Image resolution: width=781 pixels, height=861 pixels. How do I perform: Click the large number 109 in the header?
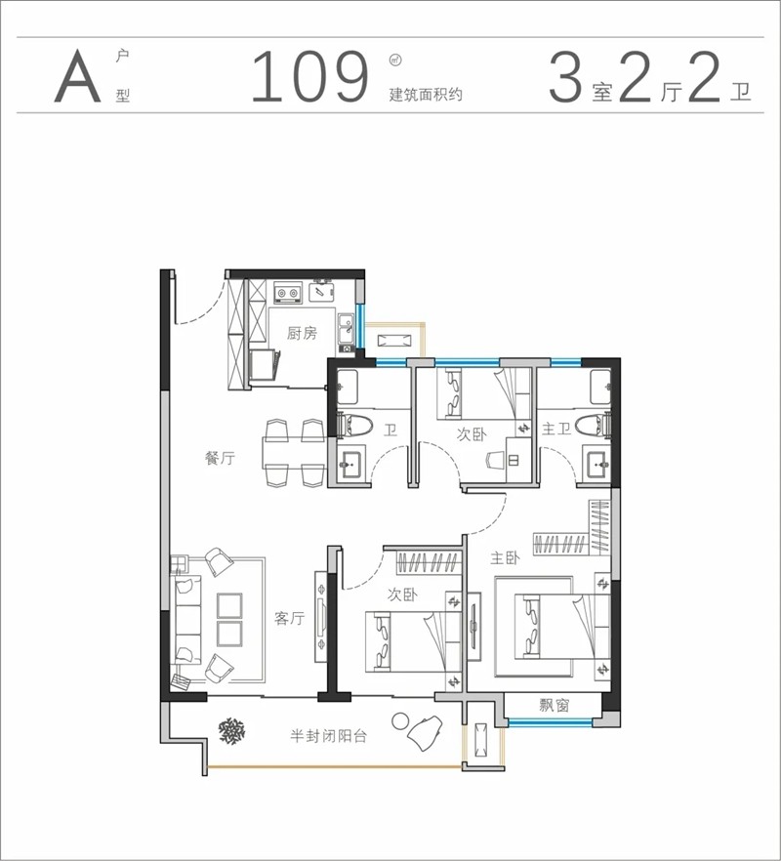tap(309, 77)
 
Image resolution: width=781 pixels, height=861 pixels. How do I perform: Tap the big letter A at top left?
tap(78, 76)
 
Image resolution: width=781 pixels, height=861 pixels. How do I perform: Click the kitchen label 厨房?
tap(302, 333)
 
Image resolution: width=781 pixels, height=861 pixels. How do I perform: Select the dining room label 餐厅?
tap(221, 458)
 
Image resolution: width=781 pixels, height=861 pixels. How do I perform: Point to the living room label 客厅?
tap(289, 618)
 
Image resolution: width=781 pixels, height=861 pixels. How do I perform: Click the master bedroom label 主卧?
tap(505, 558)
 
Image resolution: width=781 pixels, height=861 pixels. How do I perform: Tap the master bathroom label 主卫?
tap(556, 429)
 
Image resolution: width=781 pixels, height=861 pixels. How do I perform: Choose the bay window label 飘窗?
tap(555, 705)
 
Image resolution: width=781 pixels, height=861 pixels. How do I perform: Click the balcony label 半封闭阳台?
tap(328, 736)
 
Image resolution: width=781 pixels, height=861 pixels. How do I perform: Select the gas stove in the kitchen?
tap(288, 293)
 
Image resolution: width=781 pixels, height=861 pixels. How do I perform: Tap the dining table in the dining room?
tap(295, 453)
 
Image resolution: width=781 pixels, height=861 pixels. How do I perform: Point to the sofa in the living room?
tap(187, 619)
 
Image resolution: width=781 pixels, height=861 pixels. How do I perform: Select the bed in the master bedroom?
tap(561, 626)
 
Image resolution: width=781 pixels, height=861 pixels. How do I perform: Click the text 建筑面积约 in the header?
tap(426, 95)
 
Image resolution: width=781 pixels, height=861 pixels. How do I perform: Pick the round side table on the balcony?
tap(400, 721)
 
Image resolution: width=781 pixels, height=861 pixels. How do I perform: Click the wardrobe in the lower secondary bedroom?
tap(428, 562)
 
